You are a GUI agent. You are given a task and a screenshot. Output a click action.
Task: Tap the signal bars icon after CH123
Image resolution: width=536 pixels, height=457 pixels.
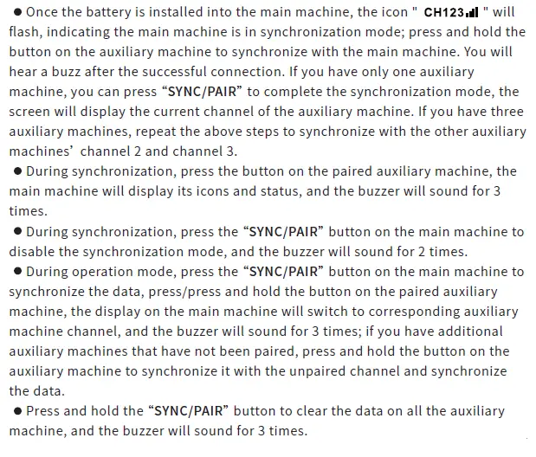(x=471, y=13)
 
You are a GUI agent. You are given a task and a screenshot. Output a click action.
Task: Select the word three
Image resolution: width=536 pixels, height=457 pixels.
(x=506, y=112)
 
